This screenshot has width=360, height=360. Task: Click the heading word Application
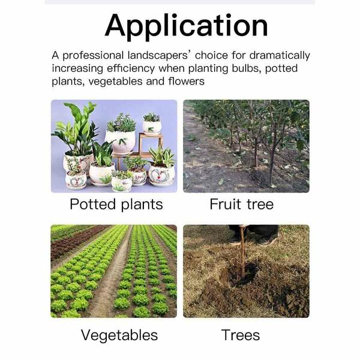(x=186, y=26)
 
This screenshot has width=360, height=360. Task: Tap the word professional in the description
(x=93, y=56)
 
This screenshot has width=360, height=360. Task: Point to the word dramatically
(x=280, y=56)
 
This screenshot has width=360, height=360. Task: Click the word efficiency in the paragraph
(x=131, y=68)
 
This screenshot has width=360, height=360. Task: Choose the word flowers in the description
(x=186, y=81)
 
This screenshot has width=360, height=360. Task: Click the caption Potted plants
(x=116, y=205)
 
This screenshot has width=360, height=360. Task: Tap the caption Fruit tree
(x=242, y=204)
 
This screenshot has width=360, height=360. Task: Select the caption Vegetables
(x=119, y=335)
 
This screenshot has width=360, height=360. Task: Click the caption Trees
(x=241, y=335)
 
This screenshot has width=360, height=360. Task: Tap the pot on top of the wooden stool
(x=152, y=127)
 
